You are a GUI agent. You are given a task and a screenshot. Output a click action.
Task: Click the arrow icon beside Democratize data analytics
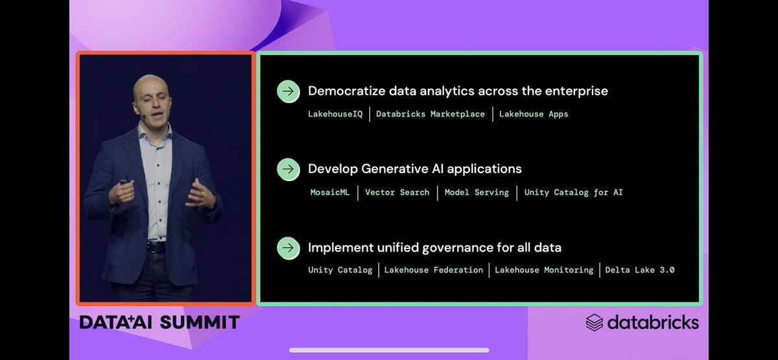click(x=289, y=91)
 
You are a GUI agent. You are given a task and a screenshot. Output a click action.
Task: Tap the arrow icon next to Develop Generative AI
click(x=289, y=169)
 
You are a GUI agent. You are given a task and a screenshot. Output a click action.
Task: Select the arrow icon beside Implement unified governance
click(x=289, y=248)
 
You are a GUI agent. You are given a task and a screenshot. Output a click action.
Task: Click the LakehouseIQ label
click(x=335, y=114)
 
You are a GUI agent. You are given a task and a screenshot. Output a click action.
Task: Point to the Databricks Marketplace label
click(x=430, y=114)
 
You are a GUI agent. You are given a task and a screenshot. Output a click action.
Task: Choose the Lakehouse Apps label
click(x=534, y=114)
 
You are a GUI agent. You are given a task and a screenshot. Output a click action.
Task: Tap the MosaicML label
click(x=330, y=193)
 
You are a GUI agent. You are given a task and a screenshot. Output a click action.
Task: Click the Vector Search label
click(x=397, y=193)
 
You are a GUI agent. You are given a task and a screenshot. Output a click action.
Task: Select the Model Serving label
click(x=477, y=193)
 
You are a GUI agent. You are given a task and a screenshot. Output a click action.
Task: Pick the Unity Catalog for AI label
click(x=573, y=193)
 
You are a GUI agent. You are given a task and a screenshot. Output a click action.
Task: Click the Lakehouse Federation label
click(x=434, y=270)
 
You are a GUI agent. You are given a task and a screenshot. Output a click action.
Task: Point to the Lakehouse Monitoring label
click(x=544, y=270)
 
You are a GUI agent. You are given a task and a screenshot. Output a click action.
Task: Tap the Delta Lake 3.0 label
click(x=640, y=270)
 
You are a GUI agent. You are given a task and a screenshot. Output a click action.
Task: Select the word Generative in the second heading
click(x=393, y=169)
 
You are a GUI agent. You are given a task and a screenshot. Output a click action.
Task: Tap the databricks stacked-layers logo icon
click(x=595, y=322)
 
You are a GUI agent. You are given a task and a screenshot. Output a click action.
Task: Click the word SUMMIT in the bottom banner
click(x=200, y=322)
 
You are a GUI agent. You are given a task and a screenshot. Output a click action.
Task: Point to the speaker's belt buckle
click(x=156, y=247)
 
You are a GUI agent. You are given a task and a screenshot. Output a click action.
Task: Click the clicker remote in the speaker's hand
click(x=124, y=182)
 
